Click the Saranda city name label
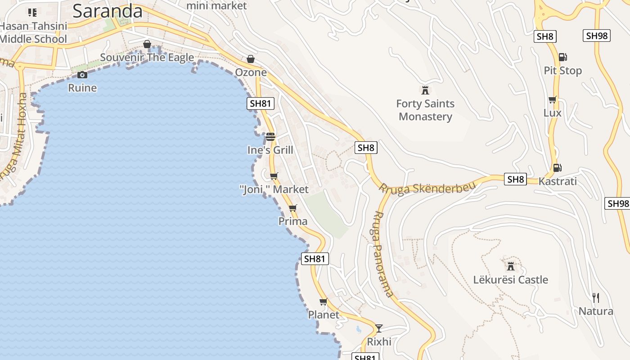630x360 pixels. point(108,11)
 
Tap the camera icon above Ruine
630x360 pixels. point(82,75)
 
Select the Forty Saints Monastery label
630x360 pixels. point(425,110)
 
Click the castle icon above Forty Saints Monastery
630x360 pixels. point(425,90)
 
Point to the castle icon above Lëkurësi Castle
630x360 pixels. point(510,266)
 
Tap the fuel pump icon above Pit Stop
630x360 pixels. point(562,57)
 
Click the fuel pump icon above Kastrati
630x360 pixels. point(557,168)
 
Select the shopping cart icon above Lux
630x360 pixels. point(552,99)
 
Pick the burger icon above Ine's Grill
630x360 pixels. point(270,136)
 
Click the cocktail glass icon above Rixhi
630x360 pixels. point(379,328)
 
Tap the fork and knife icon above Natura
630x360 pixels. point(596,297)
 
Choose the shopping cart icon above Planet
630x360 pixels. point(323,301)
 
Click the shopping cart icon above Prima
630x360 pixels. point(292,208)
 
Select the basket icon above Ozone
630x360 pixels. point(251,59)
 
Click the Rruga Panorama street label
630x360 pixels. point(382,254)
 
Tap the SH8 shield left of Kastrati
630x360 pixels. point(515,179)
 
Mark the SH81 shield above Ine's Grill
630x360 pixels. point(261,103)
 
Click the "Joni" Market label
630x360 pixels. point(274,189)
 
